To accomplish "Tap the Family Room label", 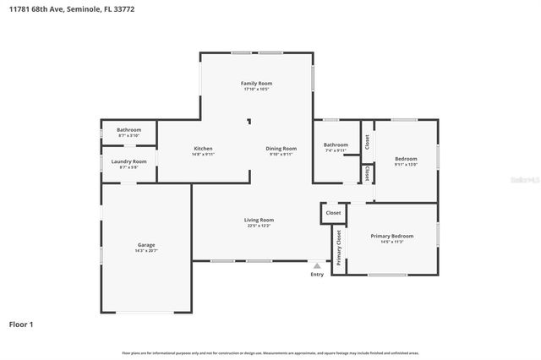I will tap(256, 83).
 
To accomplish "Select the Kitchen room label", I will tap(202, 148).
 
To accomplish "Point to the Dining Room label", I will tap(281, 148).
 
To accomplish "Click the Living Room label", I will tap(260, 220).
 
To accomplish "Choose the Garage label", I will tap(146, 244).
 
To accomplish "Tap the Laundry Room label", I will tap(128, 161).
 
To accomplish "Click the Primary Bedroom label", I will tap(391, 236).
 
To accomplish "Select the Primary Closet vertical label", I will tap(339, 248).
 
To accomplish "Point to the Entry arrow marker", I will tap(317, 265).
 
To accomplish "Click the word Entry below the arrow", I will tap(317, 274).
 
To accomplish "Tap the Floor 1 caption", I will tap(21, 324).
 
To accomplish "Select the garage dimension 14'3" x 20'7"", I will tap(146, 251).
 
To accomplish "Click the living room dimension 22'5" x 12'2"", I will tap(260, 226).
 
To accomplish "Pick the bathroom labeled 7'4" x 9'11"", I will tap(336, 150).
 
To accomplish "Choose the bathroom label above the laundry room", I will tap(128, 131).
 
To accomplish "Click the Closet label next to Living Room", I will tap(333, 213).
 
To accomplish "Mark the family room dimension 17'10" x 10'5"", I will tap(256, 90).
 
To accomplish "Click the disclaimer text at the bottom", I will tap(270, 352).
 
